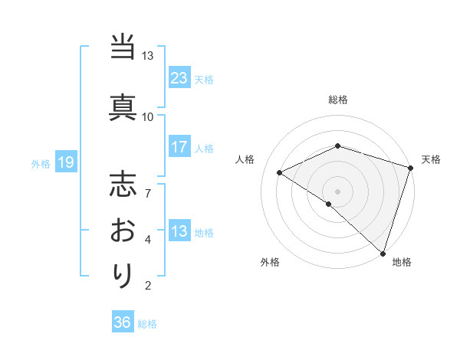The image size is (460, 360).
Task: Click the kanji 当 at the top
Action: [123, 48]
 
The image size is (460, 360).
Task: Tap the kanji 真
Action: [123, 104]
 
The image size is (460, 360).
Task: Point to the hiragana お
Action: [123, 231]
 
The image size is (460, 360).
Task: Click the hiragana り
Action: [123, 275]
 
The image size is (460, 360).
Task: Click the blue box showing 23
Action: [179, 77]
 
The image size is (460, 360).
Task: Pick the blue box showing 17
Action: [179, 147]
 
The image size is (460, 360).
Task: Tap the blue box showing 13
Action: [179, 231]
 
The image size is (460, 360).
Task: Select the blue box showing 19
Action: [65, 162]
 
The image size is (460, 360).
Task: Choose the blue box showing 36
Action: [123, 322]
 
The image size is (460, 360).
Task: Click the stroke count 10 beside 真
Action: [147, 116]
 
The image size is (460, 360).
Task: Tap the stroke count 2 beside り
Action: [148, 286]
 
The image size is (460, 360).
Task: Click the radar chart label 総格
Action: [338, 100]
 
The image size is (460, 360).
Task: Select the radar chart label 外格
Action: [270, 262]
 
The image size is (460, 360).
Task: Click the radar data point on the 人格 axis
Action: [280, 172]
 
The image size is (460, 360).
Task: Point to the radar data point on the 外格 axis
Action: [328, 204]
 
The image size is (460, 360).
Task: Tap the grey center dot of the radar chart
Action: [338, 191]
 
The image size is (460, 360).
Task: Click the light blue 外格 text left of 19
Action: [41, 163]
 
